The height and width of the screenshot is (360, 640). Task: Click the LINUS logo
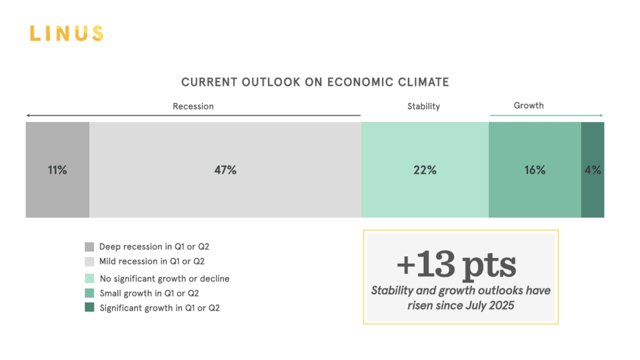click(66, 33)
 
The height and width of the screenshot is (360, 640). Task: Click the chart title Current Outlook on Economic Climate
click(315, 82)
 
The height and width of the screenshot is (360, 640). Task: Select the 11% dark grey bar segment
click(57, 169)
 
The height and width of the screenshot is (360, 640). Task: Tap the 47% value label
click(225, 169)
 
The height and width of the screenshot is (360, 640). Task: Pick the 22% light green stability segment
click(425, 169)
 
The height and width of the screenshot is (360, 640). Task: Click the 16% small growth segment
click(535, 169)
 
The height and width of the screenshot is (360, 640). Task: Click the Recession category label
click(193, 106)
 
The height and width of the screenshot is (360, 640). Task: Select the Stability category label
click(424, 106)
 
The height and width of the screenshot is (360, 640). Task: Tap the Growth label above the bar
click(529, 106)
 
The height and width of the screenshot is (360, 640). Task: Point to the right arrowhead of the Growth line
click(601, 116)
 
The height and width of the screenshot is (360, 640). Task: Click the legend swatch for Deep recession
click(89, 247)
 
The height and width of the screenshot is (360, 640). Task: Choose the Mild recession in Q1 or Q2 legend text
click(152, 261)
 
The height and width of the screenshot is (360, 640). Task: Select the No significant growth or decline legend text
click(164, 279)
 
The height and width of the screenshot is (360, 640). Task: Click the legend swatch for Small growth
click(89, 293)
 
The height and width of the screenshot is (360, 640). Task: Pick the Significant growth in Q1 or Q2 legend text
click(159, 307)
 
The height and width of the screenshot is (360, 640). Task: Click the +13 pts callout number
click(456, 265)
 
